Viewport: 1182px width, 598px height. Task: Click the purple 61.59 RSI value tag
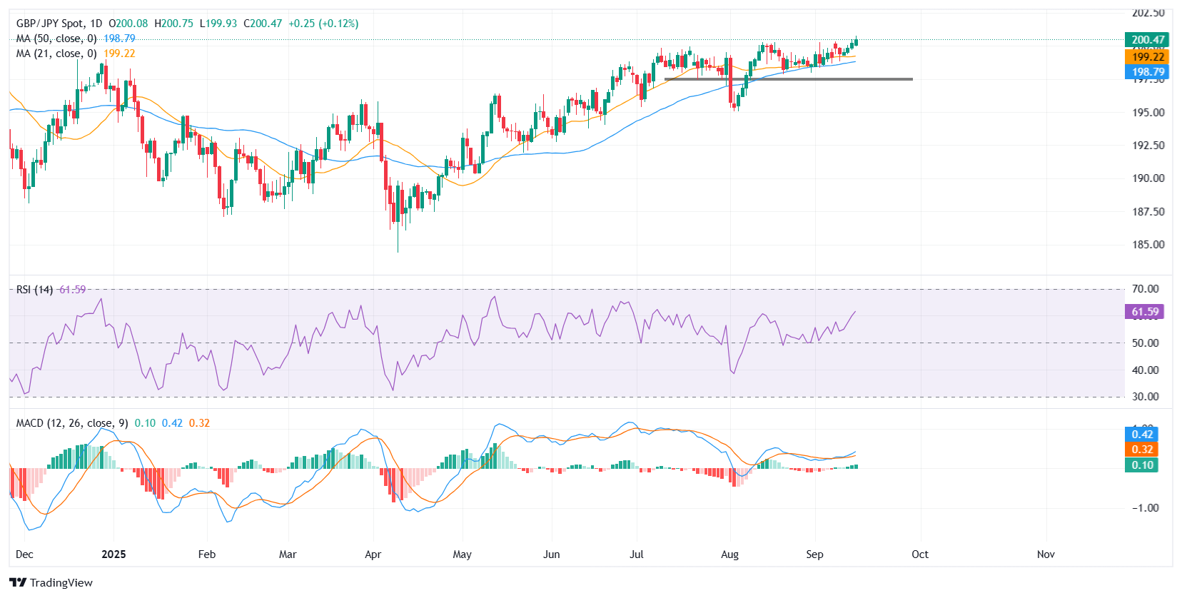(1145, 312)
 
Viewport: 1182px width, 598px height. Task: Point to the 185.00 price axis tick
(1148, 244)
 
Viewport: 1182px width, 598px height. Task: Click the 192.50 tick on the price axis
(1148, 145)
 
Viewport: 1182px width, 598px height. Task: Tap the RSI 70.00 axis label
(1146, 289)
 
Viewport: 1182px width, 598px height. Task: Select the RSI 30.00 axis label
(1146, 397)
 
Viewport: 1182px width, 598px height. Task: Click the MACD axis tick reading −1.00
(1145, 508)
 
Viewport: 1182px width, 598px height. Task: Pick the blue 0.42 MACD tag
(1142, 435)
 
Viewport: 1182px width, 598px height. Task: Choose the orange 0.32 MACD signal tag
(1142, 450)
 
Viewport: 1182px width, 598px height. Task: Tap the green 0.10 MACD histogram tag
(1142, 465)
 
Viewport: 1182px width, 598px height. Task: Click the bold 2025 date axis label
(113, 554)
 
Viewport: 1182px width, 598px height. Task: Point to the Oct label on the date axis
(920, 554)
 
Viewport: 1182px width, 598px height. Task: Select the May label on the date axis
(462, 554)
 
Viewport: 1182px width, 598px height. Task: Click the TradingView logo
(51, 582)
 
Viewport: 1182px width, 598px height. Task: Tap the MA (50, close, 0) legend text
(56, 39)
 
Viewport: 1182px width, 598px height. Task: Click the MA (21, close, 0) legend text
(56, 54)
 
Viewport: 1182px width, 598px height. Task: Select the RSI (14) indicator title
(34, 290)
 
